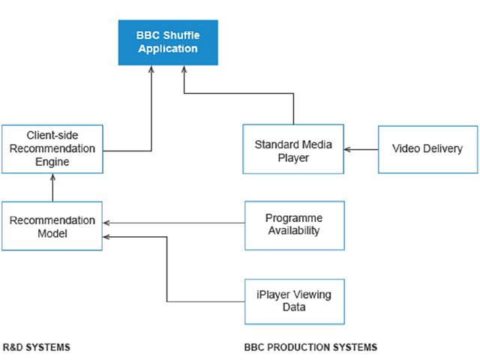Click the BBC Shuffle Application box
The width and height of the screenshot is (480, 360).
168,43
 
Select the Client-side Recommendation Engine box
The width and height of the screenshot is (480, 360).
52,149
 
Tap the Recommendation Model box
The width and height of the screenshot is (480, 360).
52,226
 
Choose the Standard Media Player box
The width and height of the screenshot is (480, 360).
293,149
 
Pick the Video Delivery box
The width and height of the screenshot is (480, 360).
428,149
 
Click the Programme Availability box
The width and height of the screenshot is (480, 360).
295,226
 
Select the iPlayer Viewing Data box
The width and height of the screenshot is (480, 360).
295,301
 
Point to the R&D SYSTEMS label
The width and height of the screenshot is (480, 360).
37,347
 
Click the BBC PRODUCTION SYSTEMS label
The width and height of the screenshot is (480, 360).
310,347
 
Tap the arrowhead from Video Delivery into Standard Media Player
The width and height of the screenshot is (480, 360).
347,149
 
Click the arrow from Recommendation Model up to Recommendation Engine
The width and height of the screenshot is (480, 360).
52,187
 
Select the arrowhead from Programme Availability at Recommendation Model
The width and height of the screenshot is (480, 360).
106,223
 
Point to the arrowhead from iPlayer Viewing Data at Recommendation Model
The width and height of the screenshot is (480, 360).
106,237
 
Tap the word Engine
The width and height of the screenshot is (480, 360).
52,162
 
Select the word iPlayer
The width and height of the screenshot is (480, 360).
273,295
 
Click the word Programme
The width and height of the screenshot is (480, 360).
294,218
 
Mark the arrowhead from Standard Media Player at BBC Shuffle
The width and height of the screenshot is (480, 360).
184,69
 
